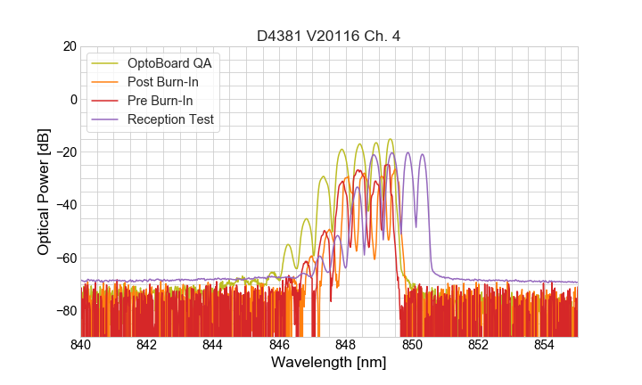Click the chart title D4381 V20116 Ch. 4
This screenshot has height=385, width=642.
pyautogui.click(x=329, y=36)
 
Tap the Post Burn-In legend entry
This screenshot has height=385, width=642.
pyautogui.click(x=163, y=82)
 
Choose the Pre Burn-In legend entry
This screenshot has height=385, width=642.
pyautogui.click(x=160, y=101)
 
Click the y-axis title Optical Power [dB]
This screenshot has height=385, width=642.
pyautogui.click(x=44, y=191)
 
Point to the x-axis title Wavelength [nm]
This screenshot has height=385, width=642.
pyautogui.click(x=329, y=363)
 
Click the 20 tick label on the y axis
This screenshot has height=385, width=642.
pyautogui.click(x=69, y=46)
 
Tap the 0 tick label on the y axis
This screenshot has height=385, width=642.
pyautogui.click(x=73, y=99)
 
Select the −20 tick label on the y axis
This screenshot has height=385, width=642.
pyautogui.click(x=65, y=152)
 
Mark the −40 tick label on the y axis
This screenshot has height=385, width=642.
pyautogui.click(x=65, y=205)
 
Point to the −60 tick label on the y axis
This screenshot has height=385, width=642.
pyautogui.click(x=65, y=258)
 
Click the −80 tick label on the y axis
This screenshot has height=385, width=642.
pyautogui.click(x=65, y=310)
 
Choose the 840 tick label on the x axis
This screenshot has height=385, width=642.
pyautogui.click(x=81, y=345)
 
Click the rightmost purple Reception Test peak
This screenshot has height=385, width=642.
pyautogui.click(x=423, y=154)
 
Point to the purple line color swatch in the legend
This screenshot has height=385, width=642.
pyautogui.click(x=105, y=119)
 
